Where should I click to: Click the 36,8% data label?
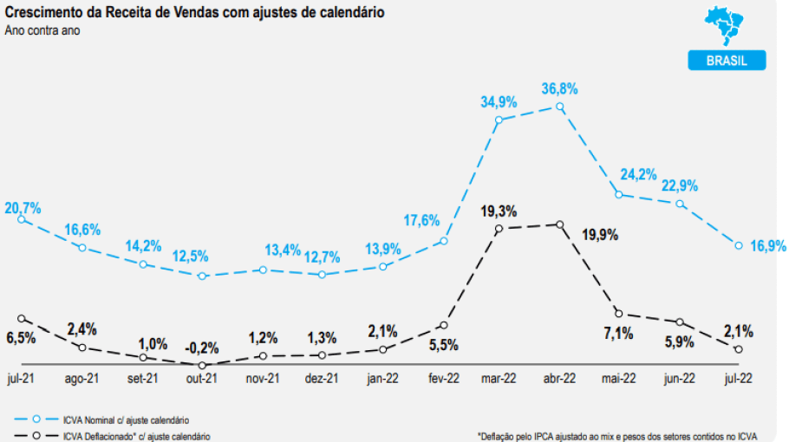559,88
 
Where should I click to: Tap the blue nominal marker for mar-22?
499,120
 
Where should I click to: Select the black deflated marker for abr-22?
559,225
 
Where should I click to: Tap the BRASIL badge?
727,60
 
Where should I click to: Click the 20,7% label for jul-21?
23,208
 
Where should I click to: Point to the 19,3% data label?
499,211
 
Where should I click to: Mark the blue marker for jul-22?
739,245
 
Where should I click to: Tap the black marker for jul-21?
22,319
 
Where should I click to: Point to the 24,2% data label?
638,173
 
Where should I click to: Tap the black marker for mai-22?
618,313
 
